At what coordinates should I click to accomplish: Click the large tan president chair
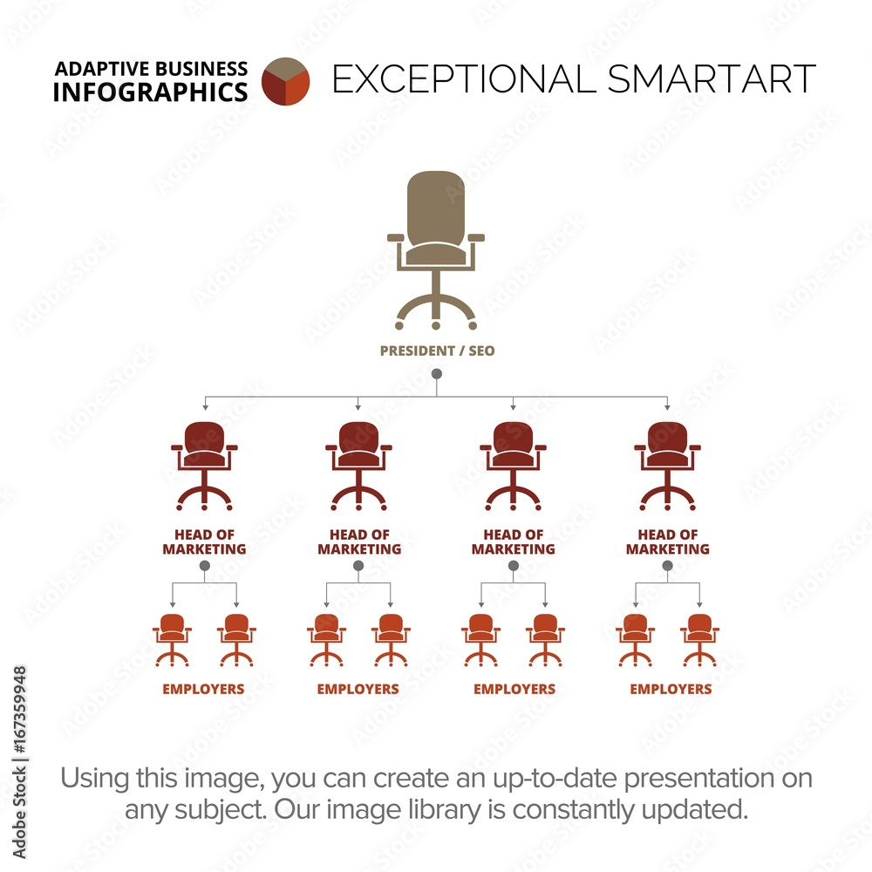436,250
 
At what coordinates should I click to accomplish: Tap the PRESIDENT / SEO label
437,351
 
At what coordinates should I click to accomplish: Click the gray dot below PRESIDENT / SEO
437,374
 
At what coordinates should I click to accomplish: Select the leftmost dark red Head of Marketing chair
204,466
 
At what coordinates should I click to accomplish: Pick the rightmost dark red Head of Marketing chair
667,466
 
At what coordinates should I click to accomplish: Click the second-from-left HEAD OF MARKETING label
359,542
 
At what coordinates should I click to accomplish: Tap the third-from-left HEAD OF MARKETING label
514,542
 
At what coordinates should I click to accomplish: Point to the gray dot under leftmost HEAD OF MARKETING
205,566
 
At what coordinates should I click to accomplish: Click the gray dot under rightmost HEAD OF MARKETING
667,566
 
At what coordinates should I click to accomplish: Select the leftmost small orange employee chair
172,640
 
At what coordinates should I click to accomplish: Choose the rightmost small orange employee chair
699,640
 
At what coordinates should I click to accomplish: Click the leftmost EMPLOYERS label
203,689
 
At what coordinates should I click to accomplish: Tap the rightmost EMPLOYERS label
671,689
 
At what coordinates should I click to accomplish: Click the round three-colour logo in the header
285,81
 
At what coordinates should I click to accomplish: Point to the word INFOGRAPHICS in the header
150,92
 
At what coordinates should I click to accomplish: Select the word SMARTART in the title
712,78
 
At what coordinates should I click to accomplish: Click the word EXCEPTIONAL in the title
464,78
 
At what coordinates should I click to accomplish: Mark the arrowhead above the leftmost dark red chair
205,407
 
